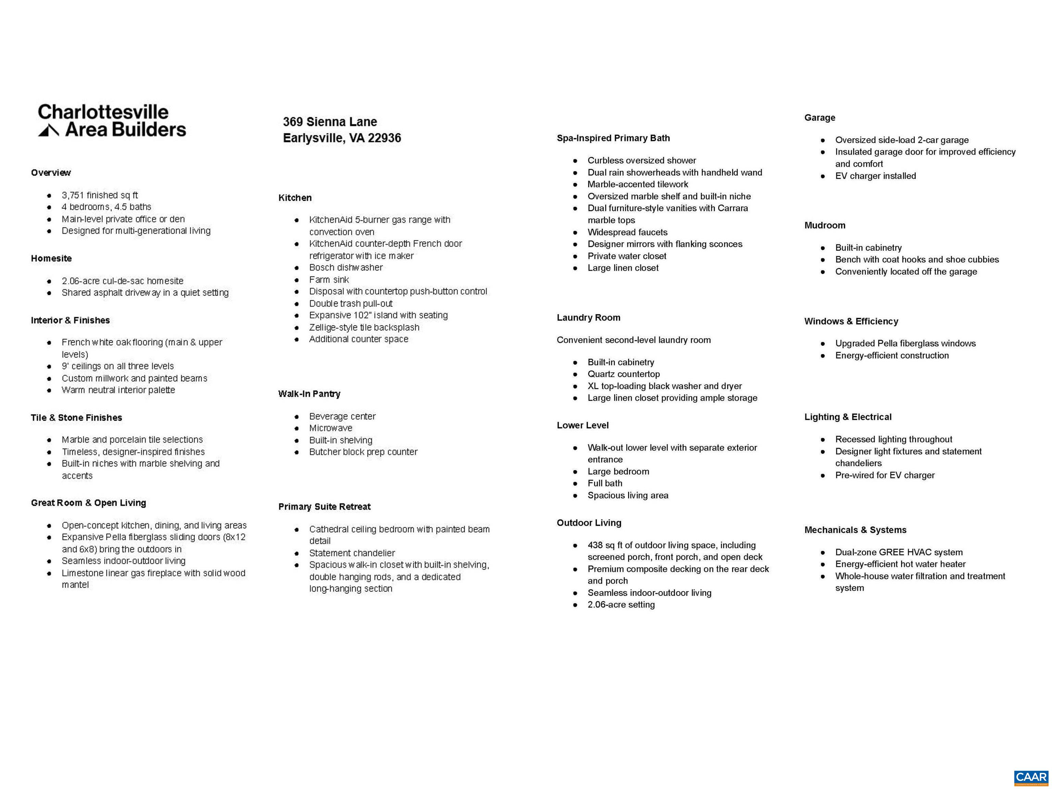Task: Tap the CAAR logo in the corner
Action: coord(1031,777)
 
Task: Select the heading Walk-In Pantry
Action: coord(309,394)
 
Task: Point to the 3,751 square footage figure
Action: coord(73,195)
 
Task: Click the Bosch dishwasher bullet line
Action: coord(346,267)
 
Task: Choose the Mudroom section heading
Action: coord(825,225)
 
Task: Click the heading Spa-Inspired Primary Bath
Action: coord(613,138)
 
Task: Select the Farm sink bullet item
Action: coord(329,280)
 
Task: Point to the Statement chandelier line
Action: coord(352,553)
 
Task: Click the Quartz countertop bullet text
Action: coord(624,374)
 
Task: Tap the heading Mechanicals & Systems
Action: coord(855,530)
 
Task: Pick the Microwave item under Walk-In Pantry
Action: coord(330,428)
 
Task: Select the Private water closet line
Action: coord(627,256)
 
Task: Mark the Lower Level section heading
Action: coord(583,425)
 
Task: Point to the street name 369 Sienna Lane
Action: coord(330,122)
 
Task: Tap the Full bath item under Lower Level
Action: coord(604,483)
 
